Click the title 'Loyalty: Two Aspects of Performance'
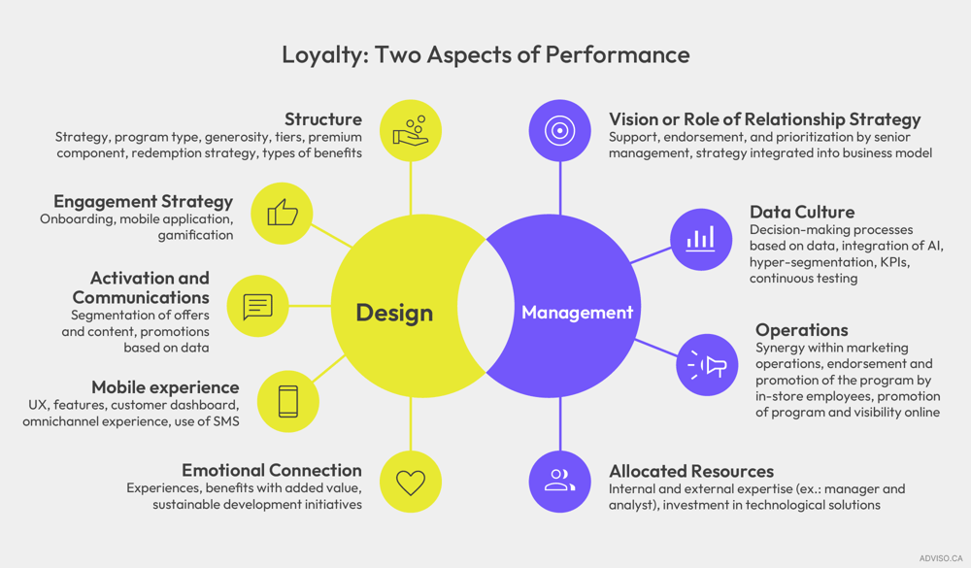(x=485, y=53)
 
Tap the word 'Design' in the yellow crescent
(x=394, y=313)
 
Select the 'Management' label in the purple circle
(x=577, y=313)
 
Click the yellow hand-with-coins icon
(x=411, y=130)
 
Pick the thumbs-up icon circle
(x=283, y=213)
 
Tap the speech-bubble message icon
(x=257, y=306)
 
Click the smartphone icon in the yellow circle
(x=288, y=401)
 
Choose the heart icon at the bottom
(x=411, y=482)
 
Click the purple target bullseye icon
(x=560, y=130)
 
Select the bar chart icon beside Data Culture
(x=700, y=239)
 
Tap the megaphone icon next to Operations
(x=708, y=365)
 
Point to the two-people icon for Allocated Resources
(x=560, y=481)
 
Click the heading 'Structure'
(x=322, y=119)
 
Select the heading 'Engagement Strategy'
(x=143, y=201)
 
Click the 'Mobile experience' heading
(x=165, y=387)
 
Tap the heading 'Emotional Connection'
(x=271, y=470)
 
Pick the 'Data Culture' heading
(x=802, y=212)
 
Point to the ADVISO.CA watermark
(x=940, y=558)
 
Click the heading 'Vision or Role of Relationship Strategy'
(x=764, y=119)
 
